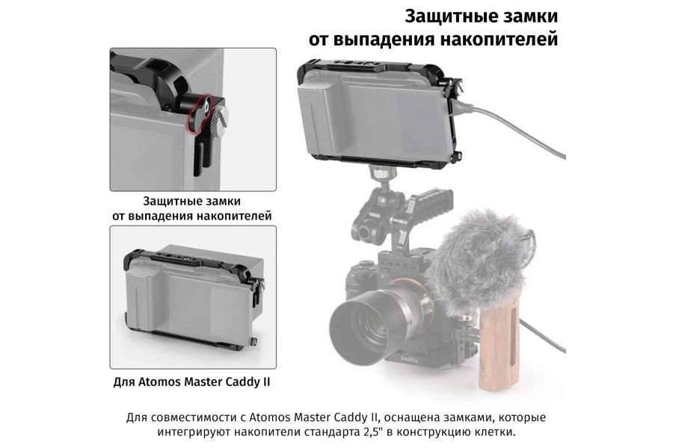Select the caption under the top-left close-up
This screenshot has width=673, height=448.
191,208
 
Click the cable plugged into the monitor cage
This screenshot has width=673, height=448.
508,112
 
